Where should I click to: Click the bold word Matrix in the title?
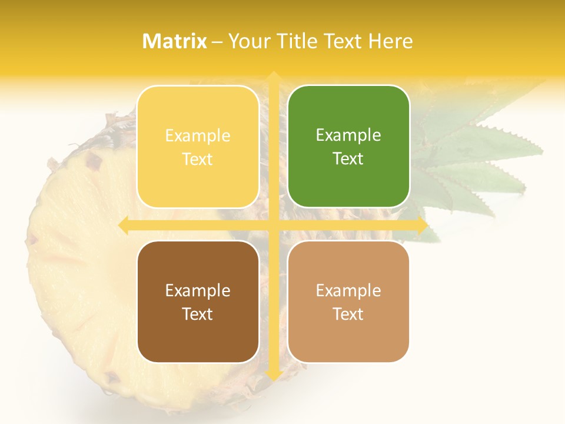click(x=175, y=41)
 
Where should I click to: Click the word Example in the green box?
click(x=348, y=135)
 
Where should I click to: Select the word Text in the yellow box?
click(x=198, y=159)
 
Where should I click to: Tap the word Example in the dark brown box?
click(x=198, y=290)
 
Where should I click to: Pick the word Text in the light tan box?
click(x=348, y=314)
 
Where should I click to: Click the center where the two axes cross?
click(x=273, y=225)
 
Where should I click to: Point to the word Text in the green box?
click(x=348, y=159)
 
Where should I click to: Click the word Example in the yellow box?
click(x=198, y=135)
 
